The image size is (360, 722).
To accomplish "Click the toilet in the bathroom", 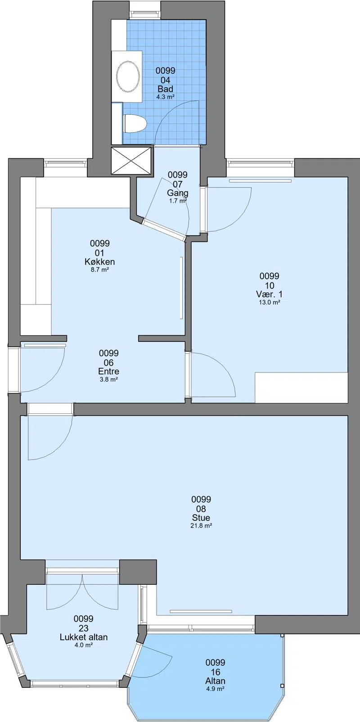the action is point(135,123).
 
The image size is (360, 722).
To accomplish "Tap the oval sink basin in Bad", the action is point(128,77).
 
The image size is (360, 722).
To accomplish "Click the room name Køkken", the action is point(100,262).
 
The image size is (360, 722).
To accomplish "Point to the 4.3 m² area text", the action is point(165,97).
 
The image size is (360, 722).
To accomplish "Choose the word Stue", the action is point(201,518).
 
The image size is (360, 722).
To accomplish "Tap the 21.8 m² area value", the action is point(201,526).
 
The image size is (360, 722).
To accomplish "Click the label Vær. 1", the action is point(269,294).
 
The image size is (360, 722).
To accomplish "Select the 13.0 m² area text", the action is point(270,302).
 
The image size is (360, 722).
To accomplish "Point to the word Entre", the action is point(108,371).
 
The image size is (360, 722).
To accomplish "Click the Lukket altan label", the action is point(84,637).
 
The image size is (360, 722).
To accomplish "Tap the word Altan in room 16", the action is point(215,681).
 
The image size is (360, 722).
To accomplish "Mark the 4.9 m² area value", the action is point(215,689).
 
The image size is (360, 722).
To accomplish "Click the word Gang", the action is point(178,193).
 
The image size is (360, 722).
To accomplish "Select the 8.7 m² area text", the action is point(100,270).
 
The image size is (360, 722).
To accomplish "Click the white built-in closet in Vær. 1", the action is point(301,388).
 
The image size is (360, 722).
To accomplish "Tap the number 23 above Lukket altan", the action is point(83,628).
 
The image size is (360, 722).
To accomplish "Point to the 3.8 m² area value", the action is point(108,379).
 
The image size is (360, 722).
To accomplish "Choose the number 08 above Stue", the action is point(201,509).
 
